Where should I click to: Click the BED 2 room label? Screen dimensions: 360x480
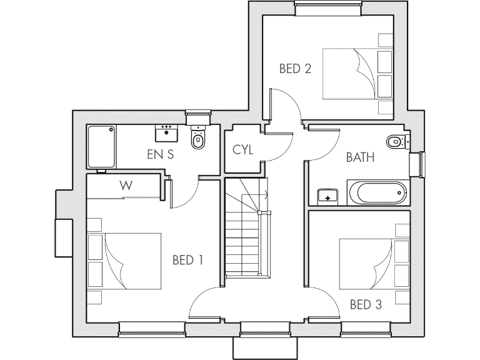[x=295, y=69]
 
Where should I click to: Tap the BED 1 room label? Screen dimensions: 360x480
[x=187, y=260]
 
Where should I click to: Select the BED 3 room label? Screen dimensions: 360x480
[x=365, y=305]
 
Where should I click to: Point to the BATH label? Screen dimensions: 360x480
[x=361, y=157]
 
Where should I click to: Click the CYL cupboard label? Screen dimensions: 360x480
[x=242, y=150]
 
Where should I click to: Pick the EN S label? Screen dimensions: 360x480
[x=160, y=155]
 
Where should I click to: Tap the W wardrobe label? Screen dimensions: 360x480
[x=127, y=185]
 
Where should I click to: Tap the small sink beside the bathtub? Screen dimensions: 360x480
[x=327, y=197]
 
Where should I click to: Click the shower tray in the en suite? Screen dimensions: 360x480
[x=101, y=147]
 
